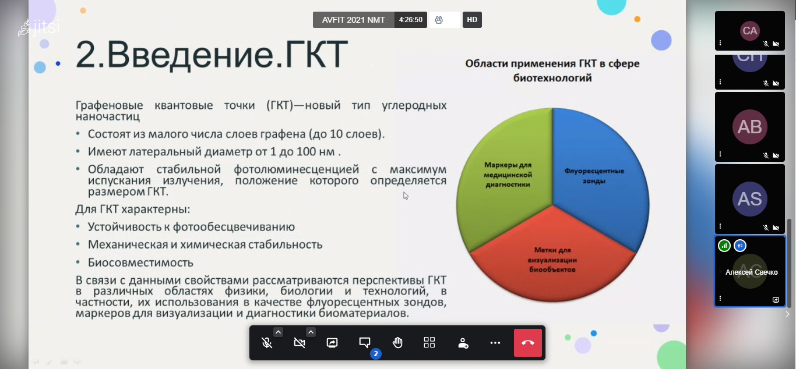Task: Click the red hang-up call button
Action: [528, 343]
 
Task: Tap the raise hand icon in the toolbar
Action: [397, 343]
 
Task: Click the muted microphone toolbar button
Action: [266, 343]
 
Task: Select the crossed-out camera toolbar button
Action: [299, 343]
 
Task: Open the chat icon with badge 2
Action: [365, 342]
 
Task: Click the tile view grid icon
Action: [429, 342]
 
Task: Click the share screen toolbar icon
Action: [332, 343]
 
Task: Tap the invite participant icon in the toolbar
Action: [463, 343]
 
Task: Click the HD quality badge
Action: [472, 20]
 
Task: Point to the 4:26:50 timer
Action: [410, 20]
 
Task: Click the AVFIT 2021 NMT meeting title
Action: [353, 20]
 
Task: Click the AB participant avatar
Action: [750, 127]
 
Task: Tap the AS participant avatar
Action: [750, 199]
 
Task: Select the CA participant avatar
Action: [750, 31]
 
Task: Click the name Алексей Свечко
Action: [751, 272]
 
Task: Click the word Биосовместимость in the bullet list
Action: [140, 262]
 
